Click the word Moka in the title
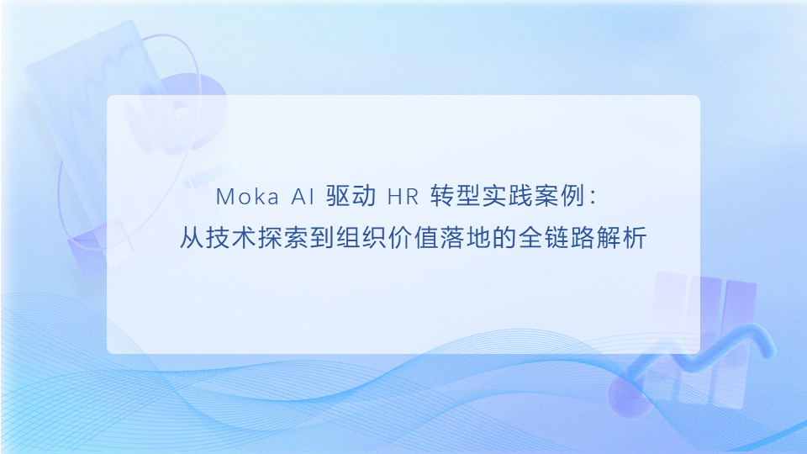pos(243,197)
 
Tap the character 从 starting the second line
pos(191,238)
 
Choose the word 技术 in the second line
pos(228,238)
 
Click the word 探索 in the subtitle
pos(278,238)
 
